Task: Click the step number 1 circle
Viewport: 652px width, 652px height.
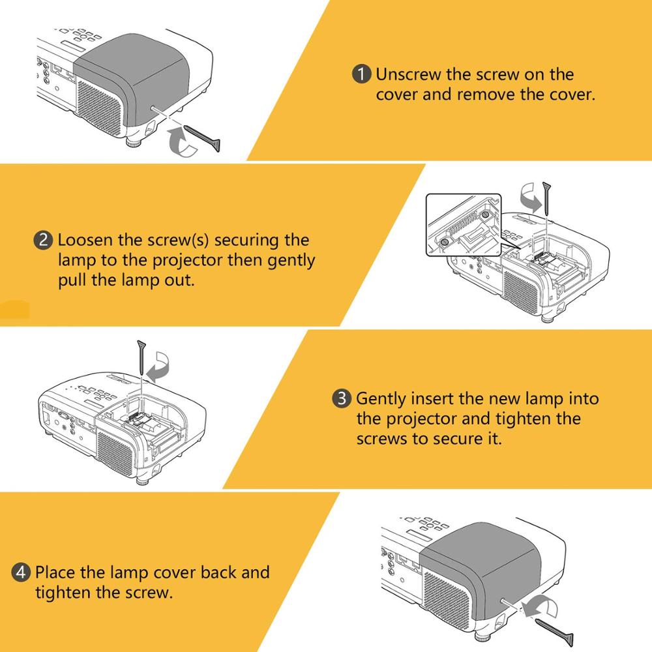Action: pyautogui.click(x=361, y=74)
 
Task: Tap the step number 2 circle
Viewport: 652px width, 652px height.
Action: pyautogui.click(x=43, y=241)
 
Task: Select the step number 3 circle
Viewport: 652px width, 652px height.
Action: pyautogui.click(x=342, y=398)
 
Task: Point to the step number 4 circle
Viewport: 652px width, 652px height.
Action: pyautogui.click(x=21, y=572)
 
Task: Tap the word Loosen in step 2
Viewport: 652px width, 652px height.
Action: pyautogui.click(x=85, y=240)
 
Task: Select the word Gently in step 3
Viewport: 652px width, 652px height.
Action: pyautogui.click(x=381, y=400)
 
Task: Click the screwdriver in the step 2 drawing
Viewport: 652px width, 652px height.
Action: pyautogui.click(x=546, y=199)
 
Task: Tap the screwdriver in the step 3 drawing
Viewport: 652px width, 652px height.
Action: pyautogui.click(x=141, y=357)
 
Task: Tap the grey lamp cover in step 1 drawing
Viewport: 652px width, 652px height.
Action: pyautogui.click(x=133, y=79)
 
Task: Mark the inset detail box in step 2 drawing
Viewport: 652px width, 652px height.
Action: pyautogui.click(x=464, y=224)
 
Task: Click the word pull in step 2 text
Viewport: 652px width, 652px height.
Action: pyautogui.click(x=72, y=280)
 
